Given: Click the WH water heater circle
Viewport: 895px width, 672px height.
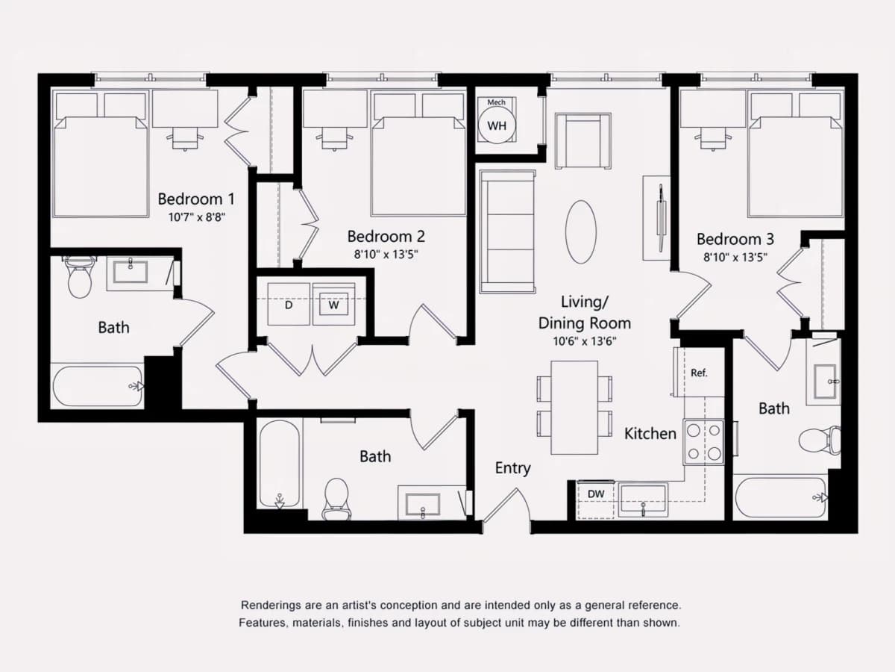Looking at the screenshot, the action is (x=497, y=125).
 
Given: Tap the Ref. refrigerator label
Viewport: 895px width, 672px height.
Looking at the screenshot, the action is (x=699, y=373).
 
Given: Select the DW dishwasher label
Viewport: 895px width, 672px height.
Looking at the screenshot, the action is (x=596, y=494).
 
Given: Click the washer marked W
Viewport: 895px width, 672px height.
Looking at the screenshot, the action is (x=334, y=304).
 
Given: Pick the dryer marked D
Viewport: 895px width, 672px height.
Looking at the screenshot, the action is (x=289, y=304).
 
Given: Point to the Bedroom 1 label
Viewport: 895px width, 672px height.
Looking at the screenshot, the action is (x=196, y=199).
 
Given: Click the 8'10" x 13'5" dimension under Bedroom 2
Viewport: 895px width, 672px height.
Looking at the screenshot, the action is (x=386, y=255).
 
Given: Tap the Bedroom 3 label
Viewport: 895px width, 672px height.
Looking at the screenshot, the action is (x=735, y=239).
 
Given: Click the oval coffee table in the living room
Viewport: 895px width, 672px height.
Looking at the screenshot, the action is (x=580, y=231).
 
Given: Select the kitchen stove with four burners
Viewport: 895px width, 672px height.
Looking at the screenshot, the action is (x=704, y=442).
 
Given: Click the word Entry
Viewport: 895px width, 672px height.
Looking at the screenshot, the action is (x=512, y=468).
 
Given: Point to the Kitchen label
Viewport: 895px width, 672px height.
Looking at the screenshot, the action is (x=650, y=433).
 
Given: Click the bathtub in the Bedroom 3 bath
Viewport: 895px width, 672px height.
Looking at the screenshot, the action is (x=780, y=498).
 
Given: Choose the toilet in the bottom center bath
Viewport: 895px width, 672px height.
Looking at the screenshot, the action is (x=336, y=500).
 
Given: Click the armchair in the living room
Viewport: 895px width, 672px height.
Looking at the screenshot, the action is (x=582, y=141).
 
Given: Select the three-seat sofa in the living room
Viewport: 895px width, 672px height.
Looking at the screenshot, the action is (x=508, y=231).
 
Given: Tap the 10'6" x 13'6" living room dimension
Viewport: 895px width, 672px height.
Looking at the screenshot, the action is (x=584, y=341).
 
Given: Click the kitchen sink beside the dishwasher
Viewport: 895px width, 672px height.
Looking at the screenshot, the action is (x=643, y=500).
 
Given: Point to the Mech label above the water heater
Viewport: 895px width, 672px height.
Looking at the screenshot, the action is (x=496, y=102).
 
